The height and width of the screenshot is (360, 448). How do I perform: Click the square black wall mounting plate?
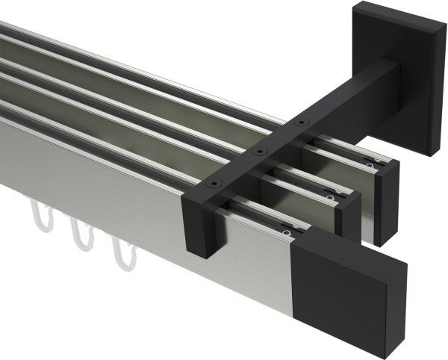(403, 74)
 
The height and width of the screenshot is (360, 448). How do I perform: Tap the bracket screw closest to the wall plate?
(300, 122)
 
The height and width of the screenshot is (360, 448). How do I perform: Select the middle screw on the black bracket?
(259, 152)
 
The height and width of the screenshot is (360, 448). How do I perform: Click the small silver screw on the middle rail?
(330, 197)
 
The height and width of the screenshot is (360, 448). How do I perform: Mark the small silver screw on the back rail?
(367, 166)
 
